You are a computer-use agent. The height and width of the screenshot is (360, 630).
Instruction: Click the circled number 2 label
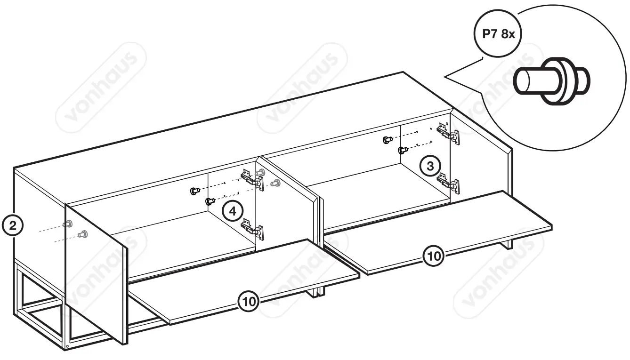14,225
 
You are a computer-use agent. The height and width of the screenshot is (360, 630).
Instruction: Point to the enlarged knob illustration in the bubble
551,80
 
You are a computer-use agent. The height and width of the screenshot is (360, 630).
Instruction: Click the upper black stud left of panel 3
387,140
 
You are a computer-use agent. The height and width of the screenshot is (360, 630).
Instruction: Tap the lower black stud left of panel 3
402,150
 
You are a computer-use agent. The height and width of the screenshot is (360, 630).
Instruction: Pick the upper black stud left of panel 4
194,191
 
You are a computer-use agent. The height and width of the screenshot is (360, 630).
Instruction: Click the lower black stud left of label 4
209,201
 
